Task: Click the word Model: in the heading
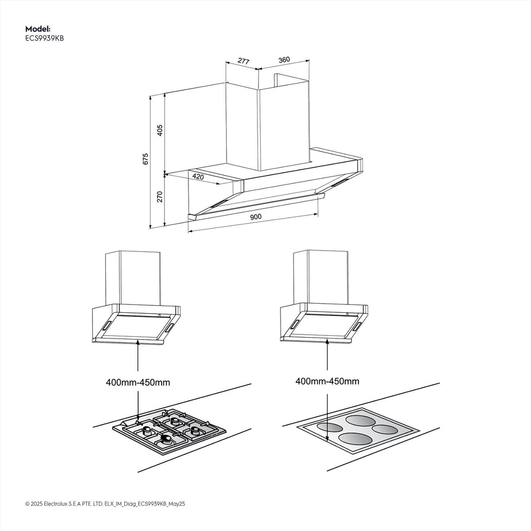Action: pyautogui.click(x=38, y=29)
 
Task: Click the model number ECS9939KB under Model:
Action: pyautogui.click(x=44, y=38)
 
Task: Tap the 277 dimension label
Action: pyautogui.click(x=244, y=61)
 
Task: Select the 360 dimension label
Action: pyautogui.click(x=284, y=60)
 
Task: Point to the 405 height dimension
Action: pyautogui.click(x=160, y=130)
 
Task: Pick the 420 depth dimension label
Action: pyautogui.click(x=198, y=177)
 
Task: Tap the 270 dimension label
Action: pyautogui.click(x=160, y=196)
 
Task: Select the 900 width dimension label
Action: pyautogui.click(x=256, y=217)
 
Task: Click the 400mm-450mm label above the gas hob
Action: pyautogui.click(x=138, y=382)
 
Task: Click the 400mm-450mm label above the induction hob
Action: pyautogui.click(x=327, y=381)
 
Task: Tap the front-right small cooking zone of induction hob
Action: pyautogui.click(x=385, y=429)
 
